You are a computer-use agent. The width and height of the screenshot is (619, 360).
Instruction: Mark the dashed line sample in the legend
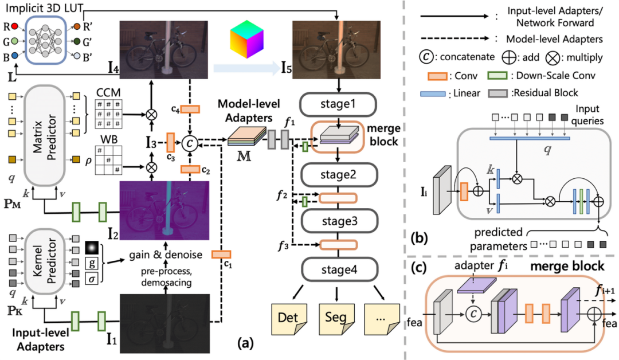pyautogui.click(x=453, y=41)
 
